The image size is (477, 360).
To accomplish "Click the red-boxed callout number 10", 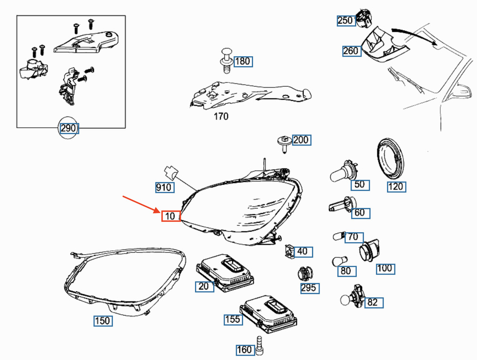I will click(170, 216).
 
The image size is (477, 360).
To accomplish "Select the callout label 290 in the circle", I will click(69, 128).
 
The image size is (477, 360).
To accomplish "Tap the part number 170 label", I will click(221, 116).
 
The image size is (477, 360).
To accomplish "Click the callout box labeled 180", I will click(242, 61).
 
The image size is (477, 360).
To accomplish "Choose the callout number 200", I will click(301, 140).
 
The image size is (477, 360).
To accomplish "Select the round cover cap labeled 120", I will click(391, 158).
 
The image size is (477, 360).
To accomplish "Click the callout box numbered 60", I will click(360, 213).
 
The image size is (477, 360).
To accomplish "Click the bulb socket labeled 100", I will click(368, 251).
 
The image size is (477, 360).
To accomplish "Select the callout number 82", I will click(373, 302).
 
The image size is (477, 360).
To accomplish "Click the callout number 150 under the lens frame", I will click(103, 321).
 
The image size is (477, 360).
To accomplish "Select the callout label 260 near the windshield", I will click(351, 51).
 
